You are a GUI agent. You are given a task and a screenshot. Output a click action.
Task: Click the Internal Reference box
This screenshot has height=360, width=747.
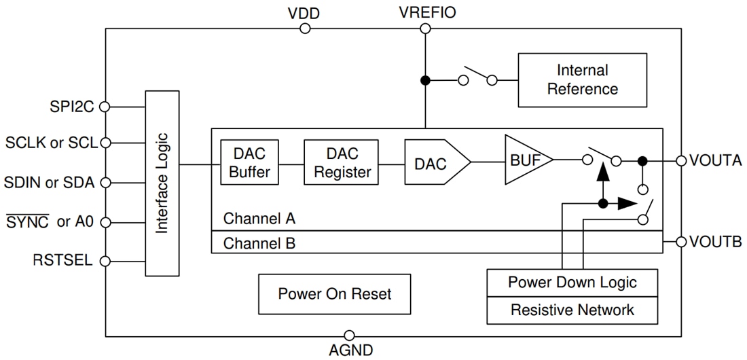[x=582, y=80]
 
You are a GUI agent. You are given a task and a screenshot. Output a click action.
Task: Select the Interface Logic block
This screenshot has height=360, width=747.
[x=162, y=183]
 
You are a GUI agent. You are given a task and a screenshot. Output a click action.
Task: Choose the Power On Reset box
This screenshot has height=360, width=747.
[x=335, y=294]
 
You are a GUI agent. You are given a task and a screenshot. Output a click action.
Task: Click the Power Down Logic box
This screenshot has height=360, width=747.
[x=572, y=282]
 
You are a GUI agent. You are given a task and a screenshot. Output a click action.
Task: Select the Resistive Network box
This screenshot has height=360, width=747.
[x=572, y=310]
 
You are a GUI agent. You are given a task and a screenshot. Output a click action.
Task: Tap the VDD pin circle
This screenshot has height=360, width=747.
[x=305, y=29]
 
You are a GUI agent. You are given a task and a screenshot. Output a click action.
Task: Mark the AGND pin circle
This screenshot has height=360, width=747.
[x=349, y=336]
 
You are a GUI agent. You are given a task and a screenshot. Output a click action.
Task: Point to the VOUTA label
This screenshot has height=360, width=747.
[x=715, y=161]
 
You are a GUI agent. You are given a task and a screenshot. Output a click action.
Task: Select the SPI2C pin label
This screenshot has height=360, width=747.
[x=71, y=106]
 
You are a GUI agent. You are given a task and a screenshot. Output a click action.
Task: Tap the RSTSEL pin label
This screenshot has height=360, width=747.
[x=62, y=261]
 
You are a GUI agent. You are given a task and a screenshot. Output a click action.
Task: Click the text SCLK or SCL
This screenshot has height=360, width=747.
[x=52, y=143]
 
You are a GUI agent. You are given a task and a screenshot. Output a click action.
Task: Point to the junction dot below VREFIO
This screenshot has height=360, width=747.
[x=425, y=80]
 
